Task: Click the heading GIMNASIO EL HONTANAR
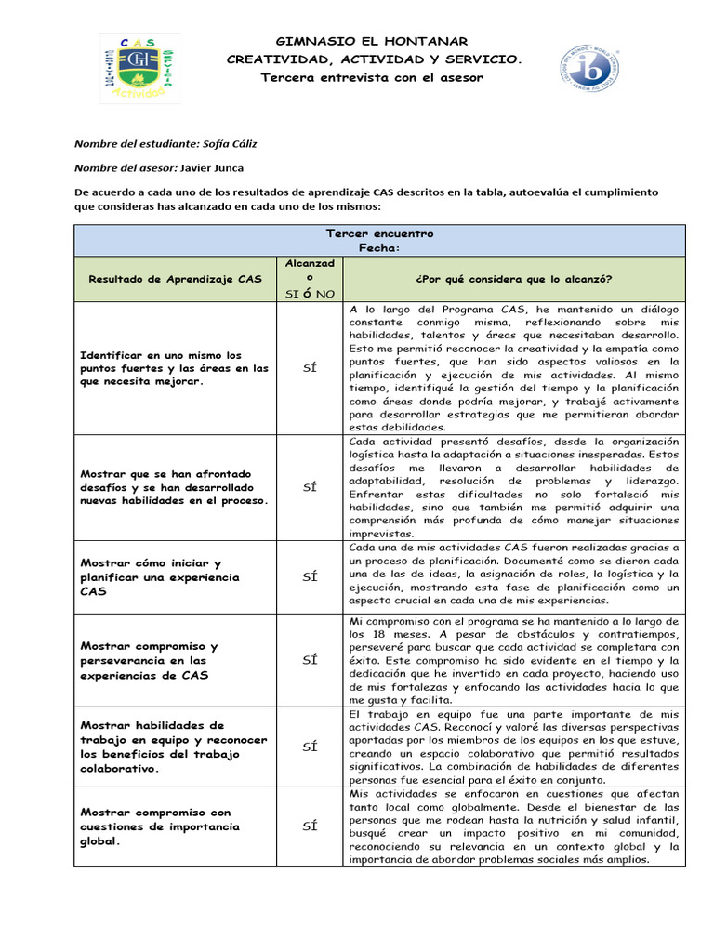(x=372, y=42)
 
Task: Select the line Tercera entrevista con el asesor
(x=372, y=77)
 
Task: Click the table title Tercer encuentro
(x=379, y=233)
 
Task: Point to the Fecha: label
(x=379, y=248)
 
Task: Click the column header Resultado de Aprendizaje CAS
(x=175, y=279)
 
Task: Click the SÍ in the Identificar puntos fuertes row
(x=311, y=368)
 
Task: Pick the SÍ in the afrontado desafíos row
(x=311, y=487)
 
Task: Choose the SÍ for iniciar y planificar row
(x=311, y=576)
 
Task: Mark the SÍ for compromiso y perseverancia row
(x=311, y=659)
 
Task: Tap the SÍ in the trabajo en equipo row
(x=311, y=747)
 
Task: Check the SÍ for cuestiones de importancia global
(x=311, y=826)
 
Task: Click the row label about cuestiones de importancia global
(x=160, y=826)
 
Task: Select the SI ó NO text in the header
(x=311, y=294)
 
